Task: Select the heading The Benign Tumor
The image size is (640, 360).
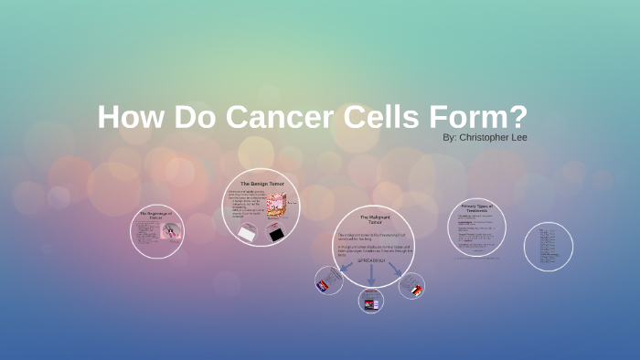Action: pyautogui.click(x=263, y=184)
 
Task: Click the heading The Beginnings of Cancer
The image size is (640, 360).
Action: pyautogui.click(x=155, y=216)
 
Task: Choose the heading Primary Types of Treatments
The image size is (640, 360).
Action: pyautogui.click(x=477, y=208)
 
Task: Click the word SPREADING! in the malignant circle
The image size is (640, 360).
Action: pyautogui.click(x=373, y=262)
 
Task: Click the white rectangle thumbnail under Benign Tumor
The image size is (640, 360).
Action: pyautogui.click(x=247, y=233)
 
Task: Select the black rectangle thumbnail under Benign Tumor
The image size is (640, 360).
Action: pyautogui.click(x=276, y=233)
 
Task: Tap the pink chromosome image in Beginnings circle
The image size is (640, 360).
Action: pyautogui.click(x=170, y=231)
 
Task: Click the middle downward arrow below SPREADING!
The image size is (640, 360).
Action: pyautogui.click(x=372, y=277)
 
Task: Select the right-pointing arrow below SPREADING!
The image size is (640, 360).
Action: pyautogui.click(x=398, y=270)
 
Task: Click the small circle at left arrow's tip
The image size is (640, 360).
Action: pyautogui.click(x=328, y=281)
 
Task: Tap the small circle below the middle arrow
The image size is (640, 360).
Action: pyautogui.click(x=370, y=301)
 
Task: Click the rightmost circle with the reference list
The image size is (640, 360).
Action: pyautogui.click(x=549, y=247)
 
